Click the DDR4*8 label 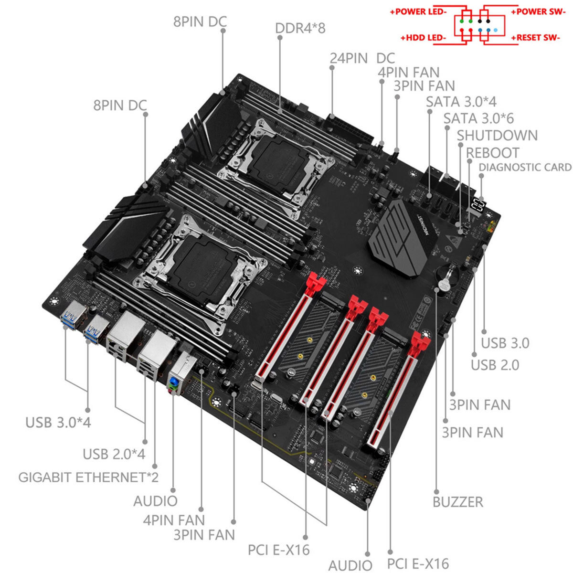pos(300,28)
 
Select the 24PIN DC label pos(362,58)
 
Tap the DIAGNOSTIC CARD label pos(524,167)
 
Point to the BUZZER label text pos(457,502)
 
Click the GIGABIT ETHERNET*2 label pos(88,477)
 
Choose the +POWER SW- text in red pos(535,11)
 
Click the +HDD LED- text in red pos(423,37)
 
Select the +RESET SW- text pos(535,37)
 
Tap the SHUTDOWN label pos(497,135)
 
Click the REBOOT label pos(492,153)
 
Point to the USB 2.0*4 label pos(114,454)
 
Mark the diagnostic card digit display pos(478,205)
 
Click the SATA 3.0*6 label pos(478,118)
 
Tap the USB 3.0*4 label pos(58,422)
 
